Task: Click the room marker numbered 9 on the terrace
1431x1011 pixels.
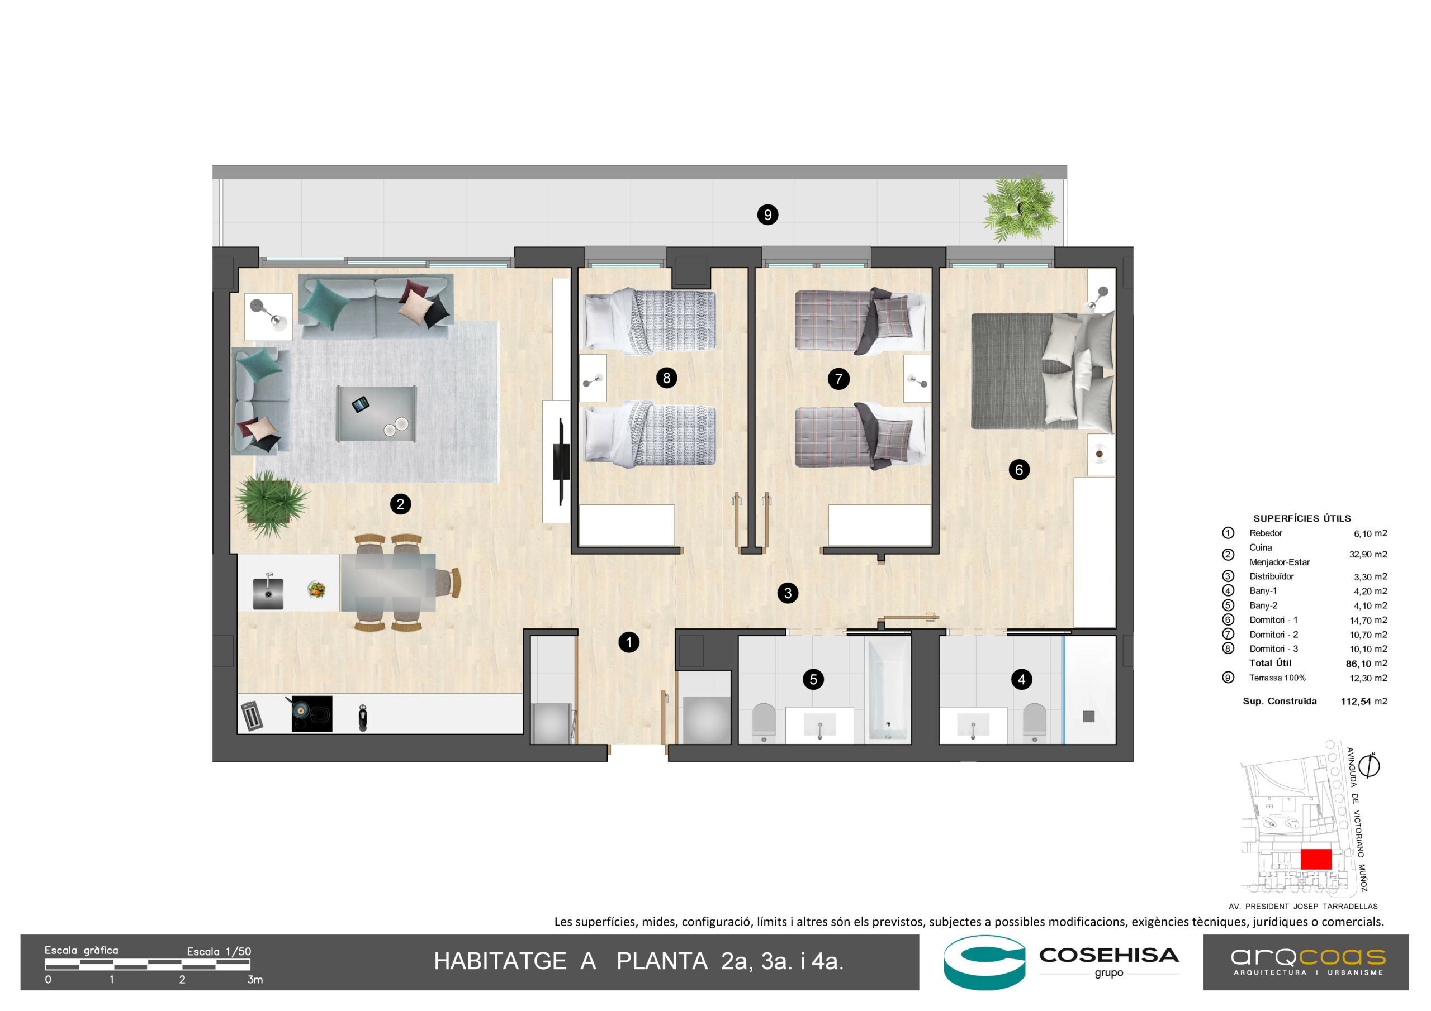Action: pyautogui.click(x=767, y=215)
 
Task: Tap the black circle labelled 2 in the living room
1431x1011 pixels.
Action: pyautogui.click(x=400, y=504)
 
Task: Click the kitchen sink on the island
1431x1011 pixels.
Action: pyautogui.click(x=268, y=593)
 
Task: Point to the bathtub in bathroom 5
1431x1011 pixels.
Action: pyautogui.click(x=888, y=690)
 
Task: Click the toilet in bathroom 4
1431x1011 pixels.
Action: pyautogui.click(x=1035, y=723)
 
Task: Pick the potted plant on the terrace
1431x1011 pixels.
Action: pyautogui.click(x=1020, y=207)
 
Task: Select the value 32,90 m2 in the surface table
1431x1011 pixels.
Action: pyautogui.click(x=1368, y=555)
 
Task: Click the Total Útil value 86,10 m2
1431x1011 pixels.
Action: pyautogui.click(x=1366, y=664)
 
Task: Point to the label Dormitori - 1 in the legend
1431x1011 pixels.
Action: pyautogui.click(x=1273, y=620)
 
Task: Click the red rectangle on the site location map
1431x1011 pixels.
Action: pyautogui.click(x=1316, y=859)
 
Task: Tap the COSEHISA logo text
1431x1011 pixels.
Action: pyautogui.click(x=1109, y=955)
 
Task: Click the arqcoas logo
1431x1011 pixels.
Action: pyautogui.click(x=1307, y=962)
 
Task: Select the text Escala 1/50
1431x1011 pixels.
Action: pyautogui.click(x=219, y=951)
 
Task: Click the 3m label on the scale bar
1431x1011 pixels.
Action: pyautogui.click(x=255, y=980)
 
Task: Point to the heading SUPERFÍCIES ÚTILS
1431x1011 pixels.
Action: pyautogui.click(x=1302, y=518)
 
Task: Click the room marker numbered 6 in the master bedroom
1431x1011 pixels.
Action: pyautogui.click(x=1019, y=470)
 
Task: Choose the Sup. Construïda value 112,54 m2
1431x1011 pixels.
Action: pyautogui.click(x=1364, y=702)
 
